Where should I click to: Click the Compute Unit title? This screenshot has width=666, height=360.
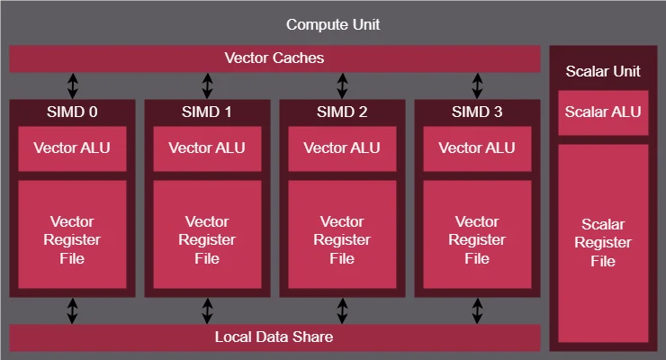coord(332,24)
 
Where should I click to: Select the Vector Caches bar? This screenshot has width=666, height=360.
coord(274,58)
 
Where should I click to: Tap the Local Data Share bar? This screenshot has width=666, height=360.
coord(274,337)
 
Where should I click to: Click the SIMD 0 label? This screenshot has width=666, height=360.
coord(72,112)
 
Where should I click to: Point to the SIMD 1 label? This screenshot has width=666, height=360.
coord(207,112)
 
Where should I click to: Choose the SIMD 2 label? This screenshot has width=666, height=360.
coord(342,112)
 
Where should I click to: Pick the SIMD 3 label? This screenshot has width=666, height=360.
coord(477,112)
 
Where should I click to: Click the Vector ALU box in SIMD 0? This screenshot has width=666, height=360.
coord(72,148)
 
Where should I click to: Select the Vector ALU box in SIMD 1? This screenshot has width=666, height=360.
coord(207,148)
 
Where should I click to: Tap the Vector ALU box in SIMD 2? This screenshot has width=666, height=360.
coord(342,148)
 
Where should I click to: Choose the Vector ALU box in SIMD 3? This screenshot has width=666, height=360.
coord(477,148)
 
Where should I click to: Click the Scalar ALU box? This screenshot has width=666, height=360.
coord(603,112)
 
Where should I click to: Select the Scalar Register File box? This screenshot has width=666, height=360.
coord(603,243)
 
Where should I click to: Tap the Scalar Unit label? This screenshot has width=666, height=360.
coord(603,71)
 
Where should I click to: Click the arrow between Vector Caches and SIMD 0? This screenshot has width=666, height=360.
coord(72,85)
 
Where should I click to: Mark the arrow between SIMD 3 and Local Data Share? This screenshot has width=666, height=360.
coord(477,310)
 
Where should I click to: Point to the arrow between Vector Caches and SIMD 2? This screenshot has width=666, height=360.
coord(342,85)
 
